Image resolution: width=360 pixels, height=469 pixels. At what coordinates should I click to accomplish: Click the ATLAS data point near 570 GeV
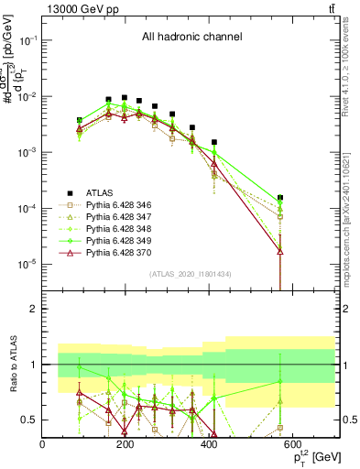(280, 198)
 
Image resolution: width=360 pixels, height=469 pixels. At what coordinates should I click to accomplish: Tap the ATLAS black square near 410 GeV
(214, 142)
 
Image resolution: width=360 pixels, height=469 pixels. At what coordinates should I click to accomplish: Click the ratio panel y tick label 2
(33, 309)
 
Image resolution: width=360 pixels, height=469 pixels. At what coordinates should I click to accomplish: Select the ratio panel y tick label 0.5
(28, 420)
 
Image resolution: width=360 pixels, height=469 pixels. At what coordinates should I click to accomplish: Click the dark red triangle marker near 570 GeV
(280, 250)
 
